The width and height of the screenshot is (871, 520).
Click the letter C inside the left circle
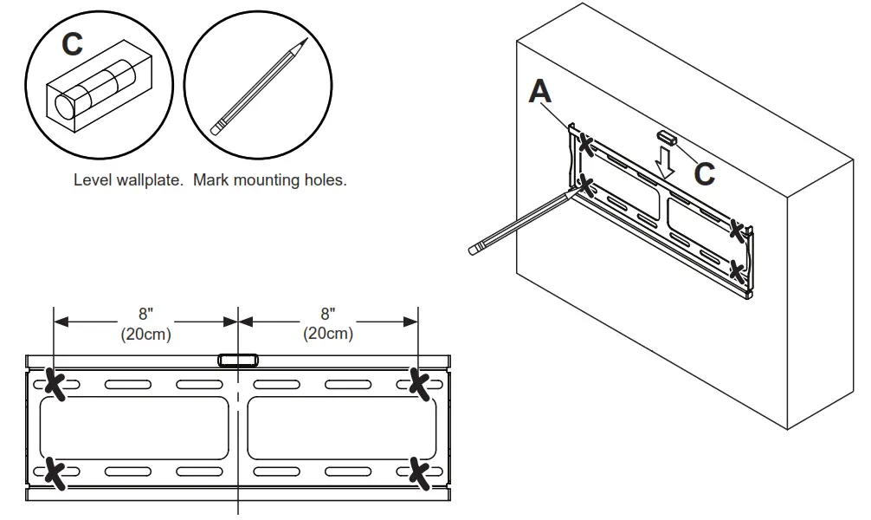72,45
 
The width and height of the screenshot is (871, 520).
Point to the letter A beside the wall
540,90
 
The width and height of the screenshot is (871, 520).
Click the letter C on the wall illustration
704,173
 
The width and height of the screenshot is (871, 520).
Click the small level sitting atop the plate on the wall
665,137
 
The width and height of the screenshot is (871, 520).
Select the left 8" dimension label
145,315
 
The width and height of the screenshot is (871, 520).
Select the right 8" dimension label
327,315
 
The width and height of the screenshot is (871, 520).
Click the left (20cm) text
145,334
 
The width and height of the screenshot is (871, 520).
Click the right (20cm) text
327,334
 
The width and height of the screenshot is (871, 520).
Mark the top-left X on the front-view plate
55,384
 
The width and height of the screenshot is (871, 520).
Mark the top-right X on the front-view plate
420,384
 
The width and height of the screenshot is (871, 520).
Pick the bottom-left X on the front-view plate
55,472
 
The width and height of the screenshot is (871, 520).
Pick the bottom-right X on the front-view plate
420,472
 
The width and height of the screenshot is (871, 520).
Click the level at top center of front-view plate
237,361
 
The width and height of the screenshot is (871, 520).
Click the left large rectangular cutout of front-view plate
134,428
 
